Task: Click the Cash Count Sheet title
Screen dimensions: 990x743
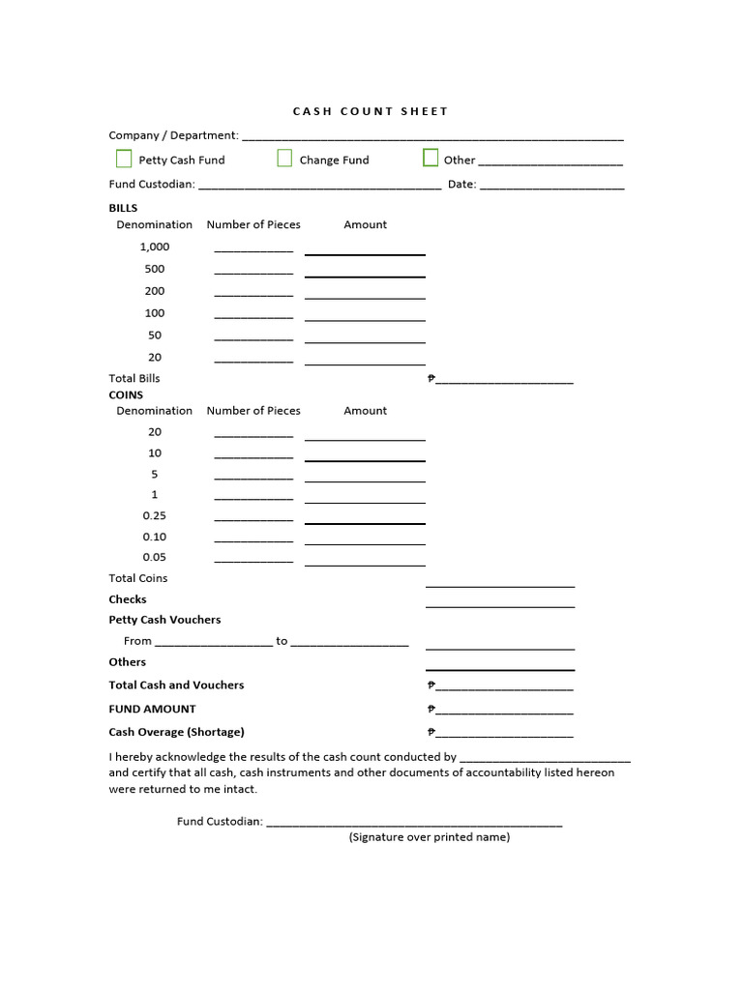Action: (371, 111)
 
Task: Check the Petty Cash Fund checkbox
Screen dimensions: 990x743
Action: (124, 159)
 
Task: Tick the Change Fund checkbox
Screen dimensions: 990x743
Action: (284, 159)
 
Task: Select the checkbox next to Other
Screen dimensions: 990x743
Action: (431, 159)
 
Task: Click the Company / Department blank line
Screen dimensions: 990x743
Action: (431, 136)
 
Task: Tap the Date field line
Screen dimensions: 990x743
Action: (551, 186)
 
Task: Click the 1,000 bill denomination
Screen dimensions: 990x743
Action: (155, 247)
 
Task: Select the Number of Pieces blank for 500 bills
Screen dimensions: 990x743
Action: (253, 272)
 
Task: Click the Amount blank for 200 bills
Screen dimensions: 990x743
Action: (365, 294)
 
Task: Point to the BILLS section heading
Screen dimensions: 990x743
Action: (123, 208)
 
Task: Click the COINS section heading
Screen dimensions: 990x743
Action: (126, 394)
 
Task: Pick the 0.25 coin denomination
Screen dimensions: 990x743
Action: (155, 515)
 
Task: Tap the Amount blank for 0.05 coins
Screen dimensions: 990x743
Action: (365, 561)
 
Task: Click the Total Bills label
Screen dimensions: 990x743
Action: (134, 378)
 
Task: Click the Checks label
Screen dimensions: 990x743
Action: (128, 599)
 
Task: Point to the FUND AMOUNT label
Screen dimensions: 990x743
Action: (152, 709)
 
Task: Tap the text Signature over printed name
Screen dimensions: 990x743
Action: (429, 837)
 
